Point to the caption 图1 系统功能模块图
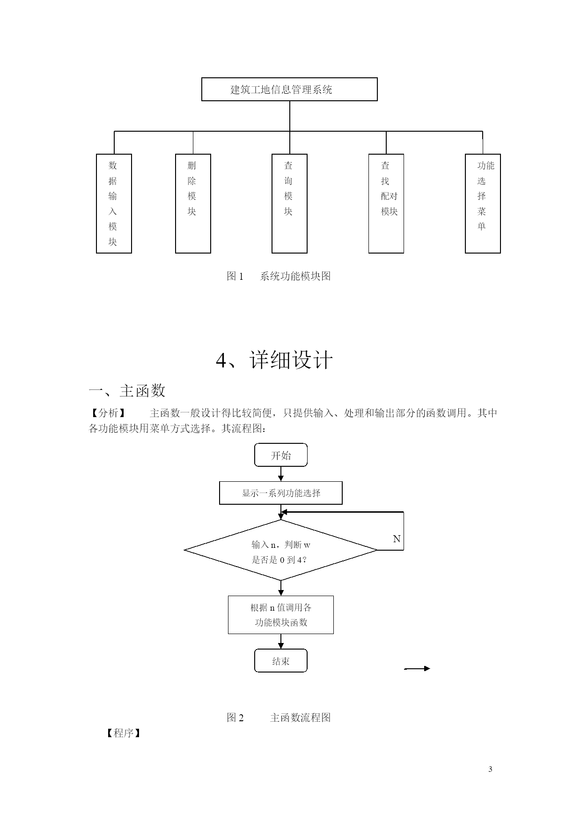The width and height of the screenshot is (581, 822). coord(279,276)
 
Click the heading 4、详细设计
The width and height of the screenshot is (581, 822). coord(274,360)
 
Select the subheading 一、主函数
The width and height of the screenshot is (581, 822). coord(127,390)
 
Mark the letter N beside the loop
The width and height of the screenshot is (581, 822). coord(397,539)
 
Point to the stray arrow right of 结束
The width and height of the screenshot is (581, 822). coord(417,668)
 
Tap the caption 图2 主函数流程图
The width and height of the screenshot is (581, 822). coord(279,717)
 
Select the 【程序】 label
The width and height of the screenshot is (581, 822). coord(123,733)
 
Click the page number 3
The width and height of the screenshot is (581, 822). coord(490,769)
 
